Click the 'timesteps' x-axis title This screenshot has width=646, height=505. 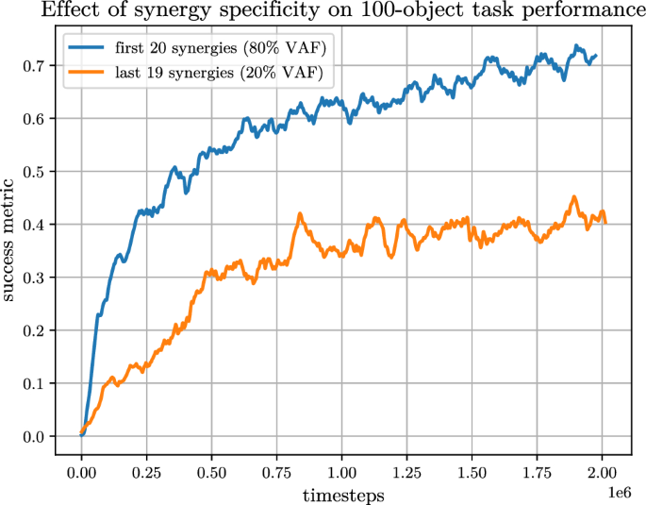342,494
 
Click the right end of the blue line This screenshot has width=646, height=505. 595,56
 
